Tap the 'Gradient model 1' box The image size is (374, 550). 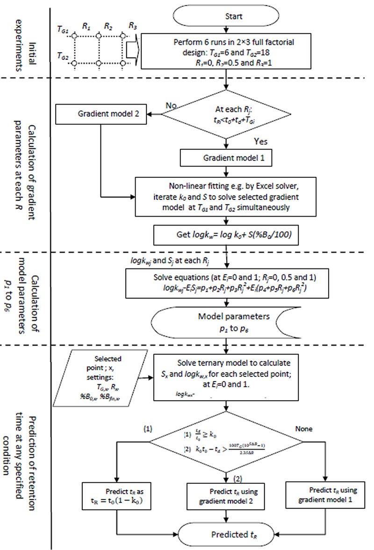coord(226,158)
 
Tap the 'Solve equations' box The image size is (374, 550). coord(226,282)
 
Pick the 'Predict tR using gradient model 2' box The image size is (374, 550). coord(226,497)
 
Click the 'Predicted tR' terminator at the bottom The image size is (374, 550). coord(226,533)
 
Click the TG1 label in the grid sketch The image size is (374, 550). coord(62,31)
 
